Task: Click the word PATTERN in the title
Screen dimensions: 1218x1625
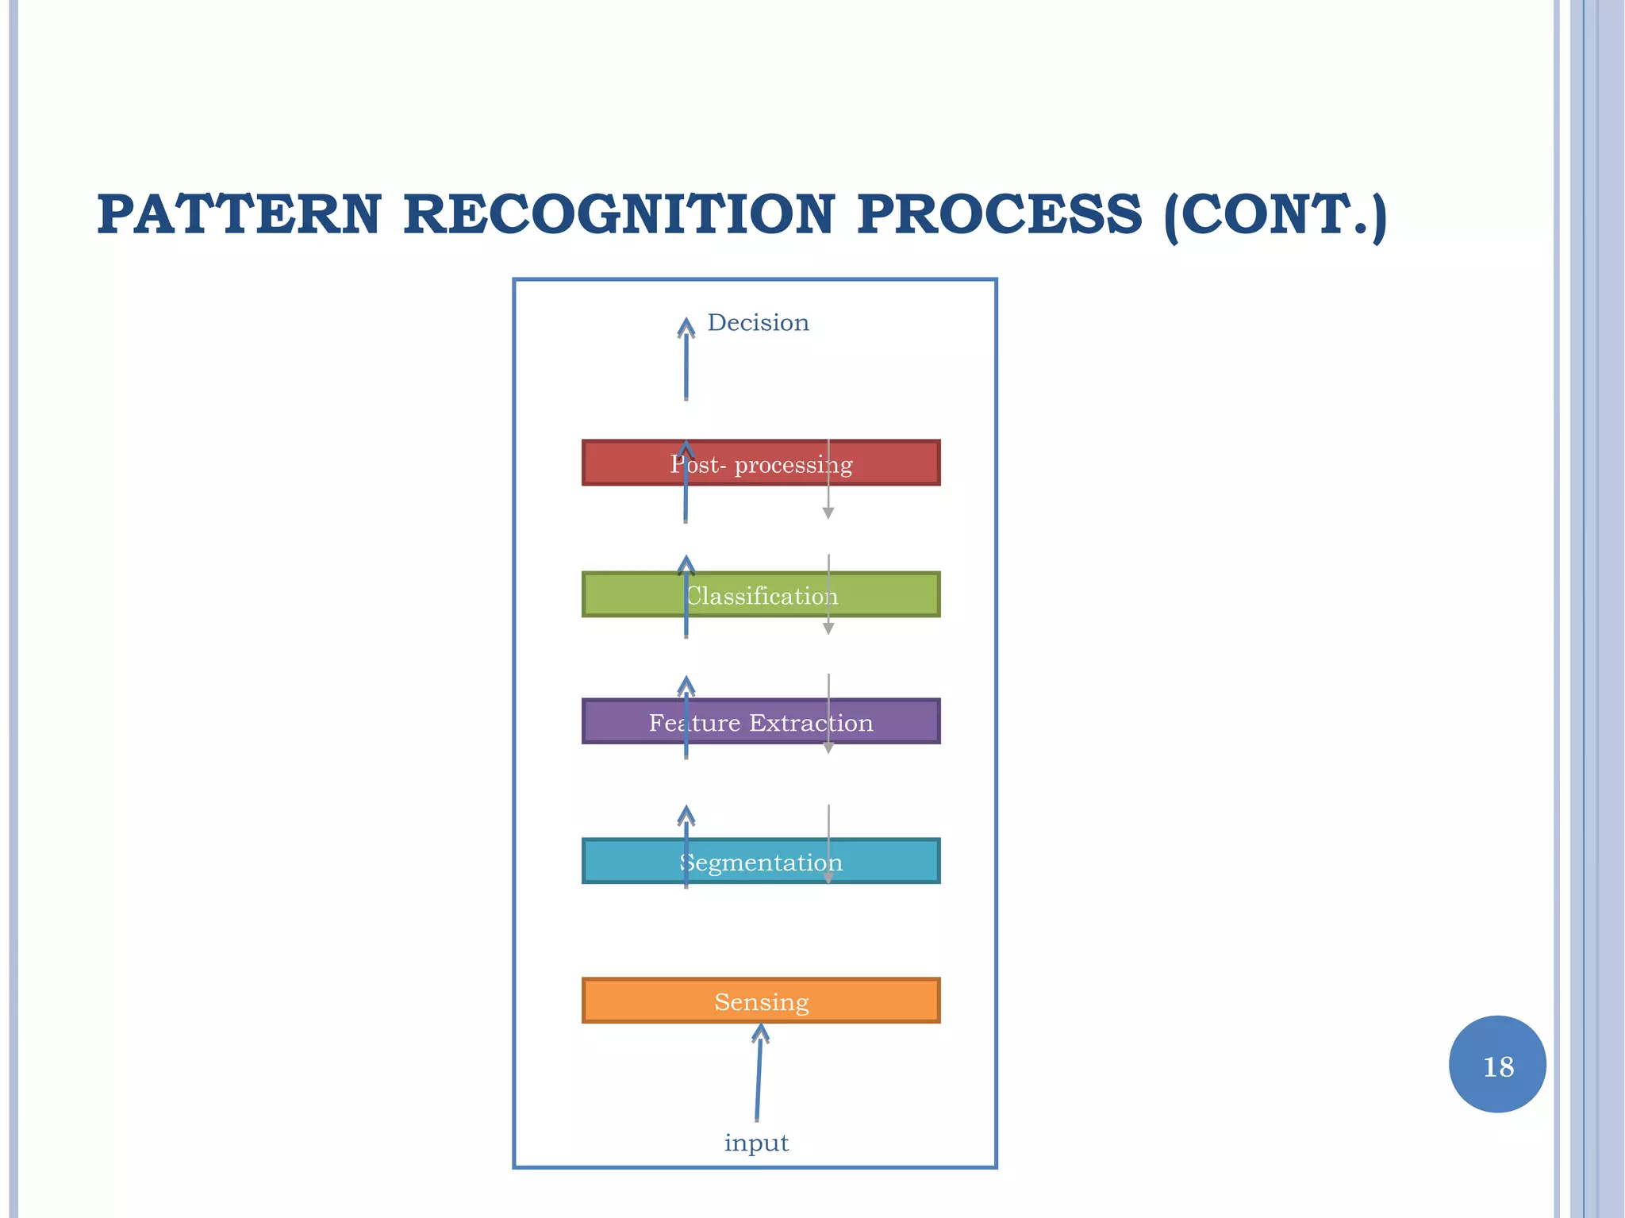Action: coord(239,215)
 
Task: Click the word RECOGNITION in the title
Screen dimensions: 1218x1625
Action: coord(619,215)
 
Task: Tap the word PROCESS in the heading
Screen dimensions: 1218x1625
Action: coord(999,215)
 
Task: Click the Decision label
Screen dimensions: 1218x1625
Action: coord(758,323)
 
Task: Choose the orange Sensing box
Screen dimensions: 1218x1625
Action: coord(761,1001)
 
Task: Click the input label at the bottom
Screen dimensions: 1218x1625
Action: coord(756,1143)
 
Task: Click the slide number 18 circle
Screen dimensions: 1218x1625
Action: coord(1497,1064)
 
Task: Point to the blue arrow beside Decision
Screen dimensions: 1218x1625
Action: coord(686,361)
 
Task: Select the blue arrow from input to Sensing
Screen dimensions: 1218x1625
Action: coord(759,1071)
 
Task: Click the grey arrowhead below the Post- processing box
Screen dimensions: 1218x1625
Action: coord(828,513)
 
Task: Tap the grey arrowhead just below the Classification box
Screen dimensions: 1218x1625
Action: coord(828,628)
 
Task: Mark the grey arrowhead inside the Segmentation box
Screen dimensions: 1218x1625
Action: coord(828,878)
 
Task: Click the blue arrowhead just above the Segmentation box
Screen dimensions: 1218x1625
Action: coord(686,815)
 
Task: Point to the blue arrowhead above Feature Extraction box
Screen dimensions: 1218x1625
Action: coord(686,685)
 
